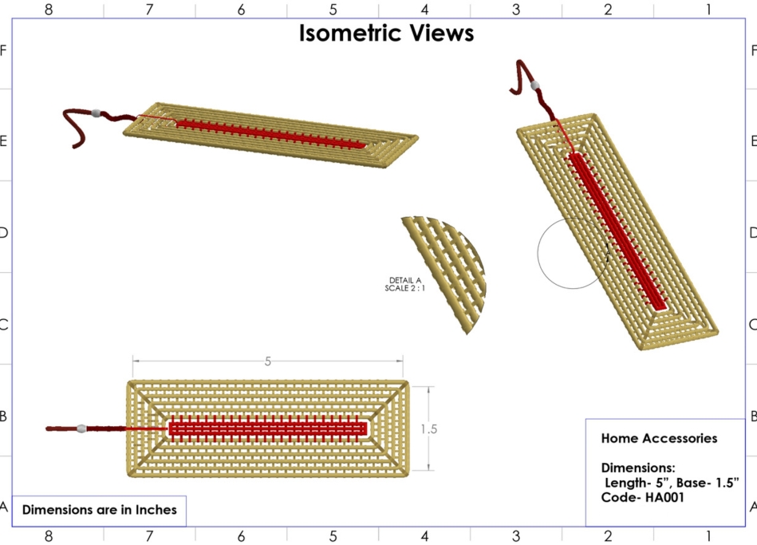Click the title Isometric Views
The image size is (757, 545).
tap(386, 33)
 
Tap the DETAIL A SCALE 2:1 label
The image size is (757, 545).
tap(404, 284)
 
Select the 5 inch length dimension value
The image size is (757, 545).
tap(268, 361)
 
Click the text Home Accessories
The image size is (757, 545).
tap(659, 438)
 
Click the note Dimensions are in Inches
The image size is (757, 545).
tap(99, 509)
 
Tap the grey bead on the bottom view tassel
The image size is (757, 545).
tap(81, 428)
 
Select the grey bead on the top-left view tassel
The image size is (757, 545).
tap(97, 114)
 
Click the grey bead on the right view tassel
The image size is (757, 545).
tap(535, 85)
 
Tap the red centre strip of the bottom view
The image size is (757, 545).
tap(268, 428)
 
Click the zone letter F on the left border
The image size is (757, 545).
tap(3, 50)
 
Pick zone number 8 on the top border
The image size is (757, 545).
tap(49, 10)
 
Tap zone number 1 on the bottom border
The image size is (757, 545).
tap(708, 535)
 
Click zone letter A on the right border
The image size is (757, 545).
tap(752, 506)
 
